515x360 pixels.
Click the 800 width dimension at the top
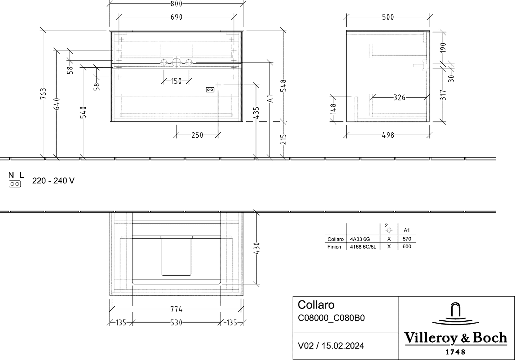click(176, 4)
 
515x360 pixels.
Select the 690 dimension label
click(176, 17)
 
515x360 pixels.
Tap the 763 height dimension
click(43, 94)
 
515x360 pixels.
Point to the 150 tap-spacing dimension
click(176, 81)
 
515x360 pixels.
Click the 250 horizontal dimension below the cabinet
click(197, 135)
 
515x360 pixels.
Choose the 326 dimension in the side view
click(399, 98)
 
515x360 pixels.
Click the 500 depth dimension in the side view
click(388, 17)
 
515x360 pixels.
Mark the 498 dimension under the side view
click(388, 135)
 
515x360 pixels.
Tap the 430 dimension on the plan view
click(257, 248)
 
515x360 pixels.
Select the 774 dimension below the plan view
click(176, 309)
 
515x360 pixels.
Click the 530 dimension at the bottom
click(176, 323)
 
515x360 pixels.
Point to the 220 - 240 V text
click(53, 181)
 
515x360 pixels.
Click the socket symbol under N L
click(15, 184)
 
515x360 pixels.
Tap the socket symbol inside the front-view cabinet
click(210, 90)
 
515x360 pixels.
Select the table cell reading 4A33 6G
click(360, 239)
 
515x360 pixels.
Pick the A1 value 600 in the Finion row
click(407, 246)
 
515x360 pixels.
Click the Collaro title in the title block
click(316, 305)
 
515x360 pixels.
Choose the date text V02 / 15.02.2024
click(331, 346)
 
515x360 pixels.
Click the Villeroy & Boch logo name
click(455, 338)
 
